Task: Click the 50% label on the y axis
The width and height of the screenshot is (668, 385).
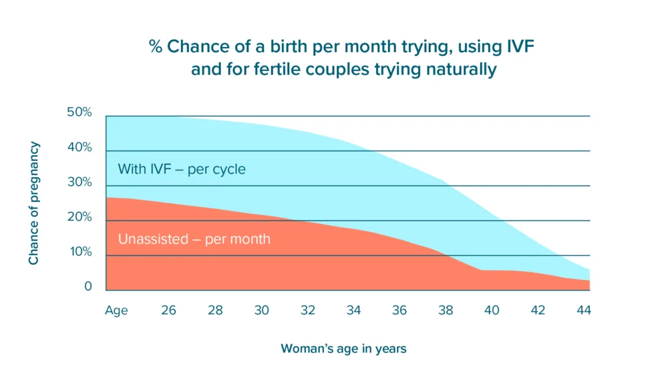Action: pyautogui.click(x=79, y=112)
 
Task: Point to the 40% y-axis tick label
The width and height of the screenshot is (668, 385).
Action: pyautogui.click(x=79, y=147)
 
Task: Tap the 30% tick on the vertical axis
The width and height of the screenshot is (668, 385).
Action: pyautogui.click(x=79, y=182)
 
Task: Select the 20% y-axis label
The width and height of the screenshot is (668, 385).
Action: pyautogui.click(x=79, y=217)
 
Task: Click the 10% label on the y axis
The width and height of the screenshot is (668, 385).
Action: pyautogui.click(x=81, y=251)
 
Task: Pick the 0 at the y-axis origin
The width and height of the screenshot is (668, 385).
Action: pyautogui.click(x=88, y=286)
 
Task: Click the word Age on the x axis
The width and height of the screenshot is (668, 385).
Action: pyautogui.click(x=116, y=310)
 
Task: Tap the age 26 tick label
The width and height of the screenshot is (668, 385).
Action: pyautogui.click(x=169, y=310)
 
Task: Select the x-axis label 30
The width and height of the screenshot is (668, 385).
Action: pyautogui.click(x=262, y=310)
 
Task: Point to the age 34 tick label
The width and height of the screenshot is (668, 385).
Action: pyautogui.click(x=353, y=310)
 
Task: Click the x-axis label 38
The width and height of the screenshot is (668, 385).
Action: pyautogui.click(x=446, y=310)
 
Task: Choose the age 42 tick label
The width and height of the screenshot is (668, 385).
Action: pyautogui.click(x=538, y=310)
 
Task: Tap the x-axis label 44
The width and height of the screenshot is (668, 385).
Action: pyautogui.click(x=584, y=310)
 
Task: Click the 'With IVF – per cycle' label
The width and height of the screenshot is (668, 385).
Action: pyautogui.click(x=182, y=169)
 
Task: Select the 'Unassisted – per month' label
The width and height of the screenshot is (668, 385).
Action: pyautogui.click(x=194, y=239)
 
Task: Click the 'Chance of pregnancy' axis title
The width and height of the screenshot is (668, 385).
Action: pyautogui.click(x=33, y=203)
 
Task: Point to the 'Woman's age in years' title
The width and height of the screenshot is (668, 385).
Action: pyautogui.click(x=343, y=349)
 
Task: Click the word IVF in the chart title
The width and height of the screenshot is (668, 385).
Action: pyautogui.click(x=520, y=47)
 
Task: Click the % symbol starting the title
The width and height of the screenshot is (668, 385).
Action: pyautogui.click(x=156, y=47)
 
